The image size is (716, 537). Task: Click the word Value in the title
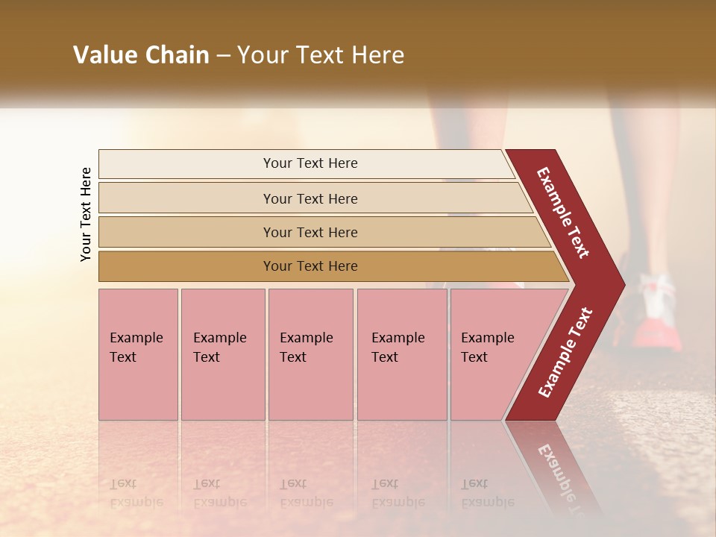[104, 55]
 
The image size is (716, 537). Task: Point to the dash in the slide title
[223, 56]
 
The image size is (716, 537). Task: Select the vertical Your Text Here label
[86, 214]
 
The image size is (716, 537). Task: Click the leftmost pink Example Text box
[138, 354]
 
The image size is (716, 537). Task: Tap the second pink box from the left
[222, 354]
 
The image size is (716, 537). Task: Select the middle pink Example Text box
[310, 354]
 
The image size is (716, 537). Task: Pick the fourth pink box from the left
[401, 354]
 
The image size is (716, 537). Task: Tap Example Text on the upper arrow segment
[563, 213]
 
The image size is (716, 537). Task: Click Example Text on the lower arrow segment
[565, 353]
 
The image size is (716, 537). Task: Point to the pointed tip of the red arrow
[623, 284]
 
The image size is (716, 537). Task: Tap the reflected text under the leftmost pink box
[136, 493]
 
